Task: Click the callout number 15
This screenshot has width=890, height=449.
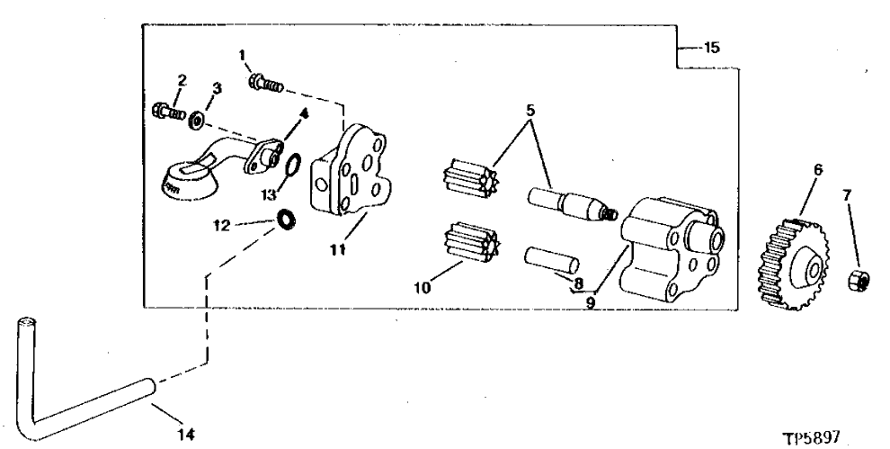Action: pos(711,48)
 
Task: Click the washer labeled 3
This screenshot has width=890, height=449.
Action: pos(196,119)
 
